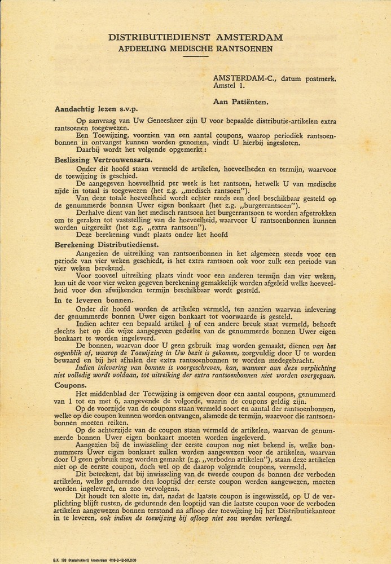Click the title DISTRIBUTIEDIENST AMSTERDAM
coord(196,37)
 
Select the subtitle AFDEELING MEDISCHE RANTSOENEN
coord(196,49)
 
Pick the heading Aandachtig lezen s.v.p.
coord(94,109)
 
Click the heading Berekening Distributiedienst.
coord(107,245)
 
